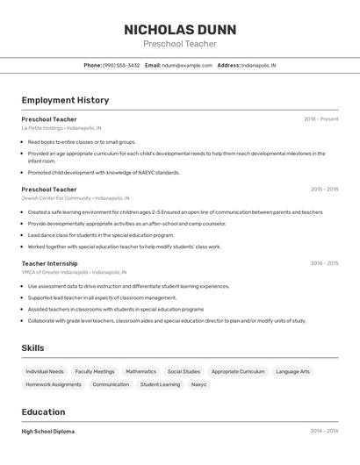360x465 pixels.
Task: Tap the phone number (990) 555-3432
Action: [121, 65]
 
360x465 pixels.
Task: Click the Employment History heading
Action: [65, 100]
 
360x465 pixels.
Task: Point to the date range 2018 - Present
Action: [320, 118]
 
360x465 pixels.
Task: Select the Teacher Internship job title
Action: [49, 263]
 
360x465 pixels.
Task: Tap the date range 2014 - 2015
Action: [324, 263]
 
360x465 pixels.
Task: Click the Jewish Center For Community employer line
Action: [55, 197]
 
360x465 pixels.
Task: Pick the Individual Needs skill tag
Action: [45, 371]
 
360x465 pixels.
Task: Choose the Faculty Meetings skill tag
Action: [94, 371]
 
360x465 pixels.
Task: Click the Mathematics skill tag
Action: [140, 371]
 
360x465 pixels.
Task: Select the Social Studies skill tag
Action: [184, 371]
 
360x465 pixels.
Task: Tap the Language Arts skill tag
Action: [292, 371]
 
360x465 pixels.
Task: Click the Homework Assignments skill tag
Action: [54, 384]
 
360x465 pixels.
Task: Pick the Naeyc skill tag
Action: [199, 384]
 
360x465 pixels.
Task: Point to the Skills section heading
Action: [32, 348]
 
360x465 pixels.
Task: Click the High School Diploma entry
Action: [47, 431]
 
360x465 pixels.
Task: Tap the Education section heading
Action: [43, 412]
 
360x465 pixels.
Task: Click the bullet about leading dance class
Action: [100, 235]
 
